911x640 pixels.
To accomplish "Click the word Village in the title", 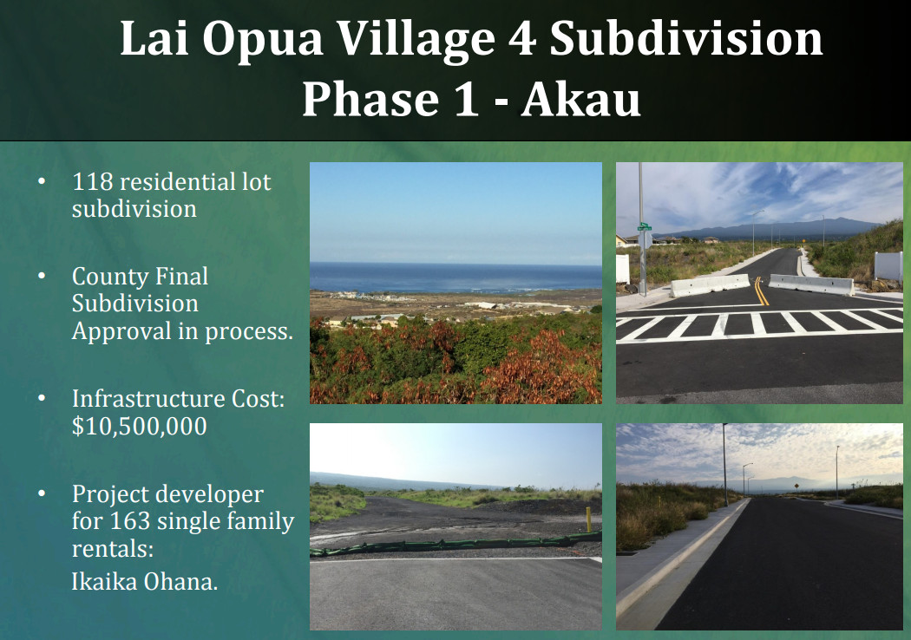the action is (416, 40).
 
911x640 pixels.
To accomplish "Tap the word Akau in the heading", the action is (580, 100).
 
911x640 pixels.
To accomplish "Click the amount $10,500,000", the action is (140, 427).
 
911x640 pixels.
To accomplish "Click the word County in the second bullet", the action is (110, 277).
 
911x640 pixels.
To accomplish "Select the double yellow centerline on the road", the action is (761, 291).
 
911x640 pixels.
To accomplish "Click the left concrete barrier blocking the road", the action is (710, 285).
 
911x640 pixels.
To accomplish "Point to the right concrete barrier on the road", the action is (811, 284).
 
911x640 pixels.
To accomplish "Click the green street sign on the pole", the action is (645, 226).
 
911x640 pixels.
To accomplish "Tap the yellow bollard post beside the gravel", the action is (588, 519).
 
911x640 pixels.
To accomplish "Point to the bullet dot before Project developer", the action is (42, 493).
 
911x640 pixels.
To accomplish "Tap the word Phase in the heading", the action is (370, 100).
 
